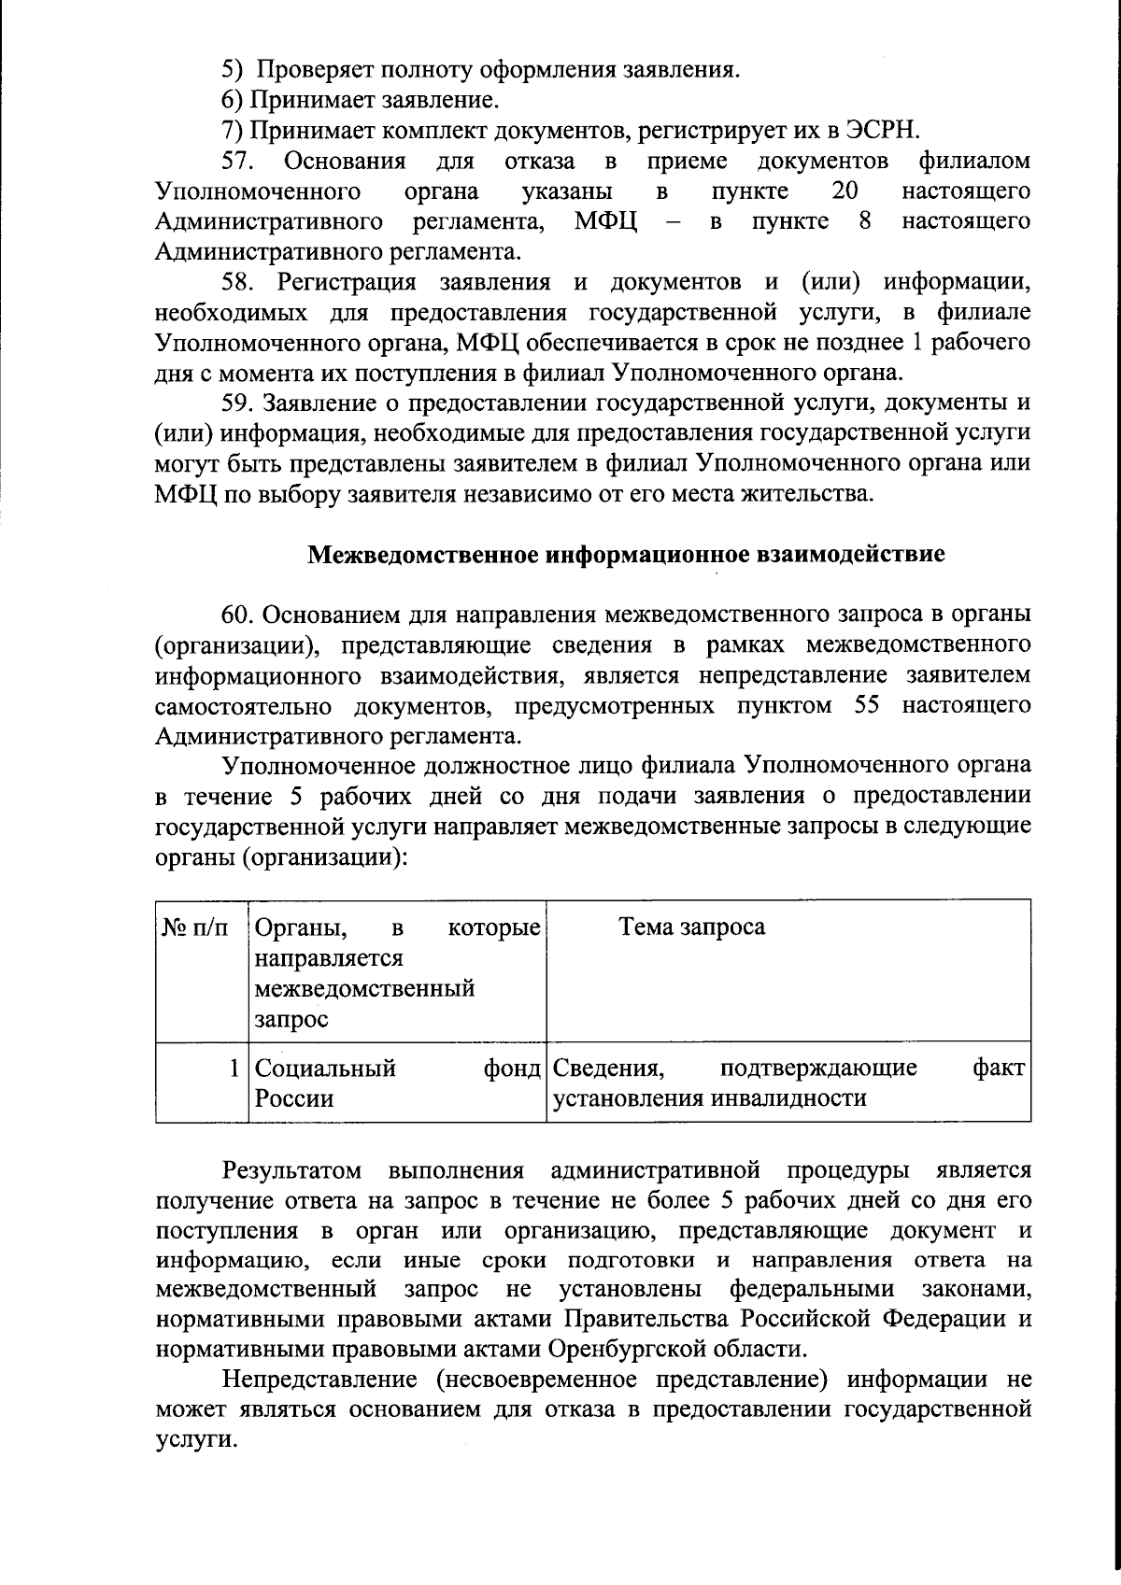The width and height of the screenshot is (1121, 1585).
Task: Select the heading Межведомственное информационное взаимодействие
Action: [626, 555]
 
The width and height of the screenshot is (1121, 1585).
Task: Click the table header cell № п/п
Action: [195, 927]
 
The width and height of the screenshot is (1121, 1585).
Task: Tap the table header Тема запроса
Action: [691, 927]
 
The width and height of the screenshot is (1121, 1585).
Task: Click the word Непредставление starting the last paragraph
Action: [319, 1380]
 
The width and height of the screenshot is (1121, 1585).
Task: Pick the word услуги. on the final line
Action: [192, 1439]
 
